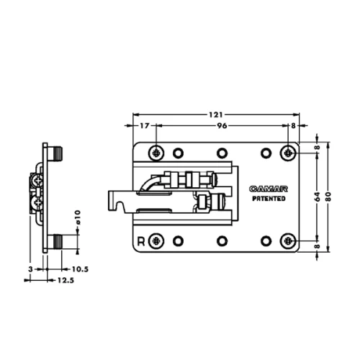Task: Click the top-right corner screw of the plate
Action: [288, 152]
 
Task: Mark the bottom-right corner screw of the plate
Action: [288, 240]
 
